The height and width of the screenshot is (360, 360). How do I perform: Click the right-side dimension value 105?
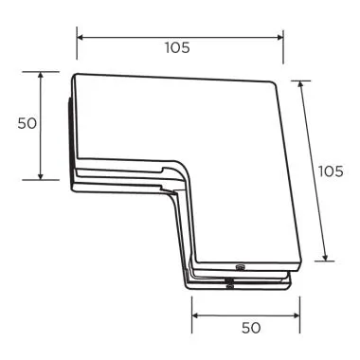[331, 171]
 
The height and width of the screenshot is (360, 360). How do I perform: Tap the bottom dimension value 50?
[249, 327]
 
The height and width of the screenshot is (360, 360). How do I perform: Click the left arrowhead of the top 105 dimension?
[80, 37]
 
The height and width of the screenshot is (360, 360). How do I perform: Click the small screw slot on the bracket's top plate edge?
[240, 268]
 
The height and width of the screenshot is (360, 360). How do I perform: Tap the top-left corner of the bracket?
[76, 76]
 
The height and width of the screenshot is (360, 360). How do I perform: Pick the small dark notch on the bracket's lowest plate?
[229, 283]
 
